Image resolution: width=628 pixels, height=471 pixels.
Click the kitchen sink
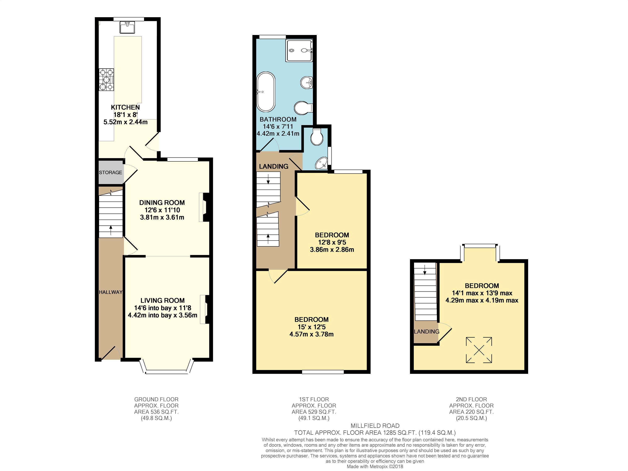[x=127, y=28]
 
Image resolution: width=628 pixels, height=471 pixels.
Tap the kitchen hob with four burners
[x=107, y=80]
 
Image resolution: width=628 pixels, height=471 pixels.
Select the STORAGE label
[x=111, y=172]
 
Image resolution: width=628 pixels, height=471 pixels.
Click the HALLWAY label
[x=111, y=292]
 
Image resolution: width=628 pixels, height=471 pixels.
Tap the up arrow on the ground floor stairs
[x=111, y=230]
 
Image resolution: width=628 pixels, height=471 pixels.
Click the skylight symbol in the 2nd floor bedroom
[x=479, y=350]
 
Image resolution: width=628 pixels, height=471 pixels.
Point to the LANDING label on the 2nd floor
[x=426, y=331]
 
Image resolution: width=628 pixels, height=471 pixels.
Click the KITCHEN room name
[x=125, y=107]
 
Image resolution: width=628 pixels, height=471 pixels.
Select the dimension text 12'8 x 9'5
[x=332, y=242]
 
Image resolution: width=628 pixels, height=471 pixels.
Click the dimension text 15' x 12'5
[x=311, y=327]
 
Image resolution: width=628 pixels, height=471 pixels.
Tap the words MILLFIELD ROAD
[x=375, y=426]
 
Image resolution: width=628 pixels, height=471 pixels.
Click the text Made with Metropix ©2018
[x=375, y=466]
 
